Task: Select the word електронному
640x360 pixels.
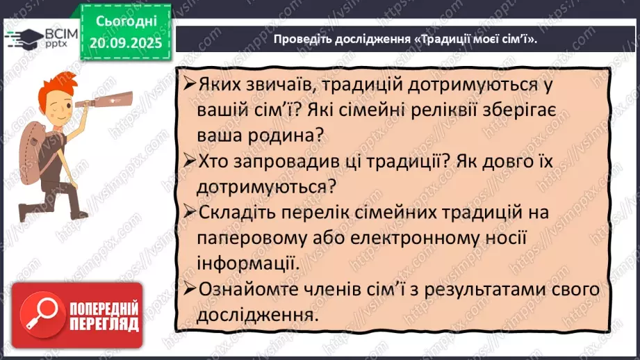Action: tap(409, 238)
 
